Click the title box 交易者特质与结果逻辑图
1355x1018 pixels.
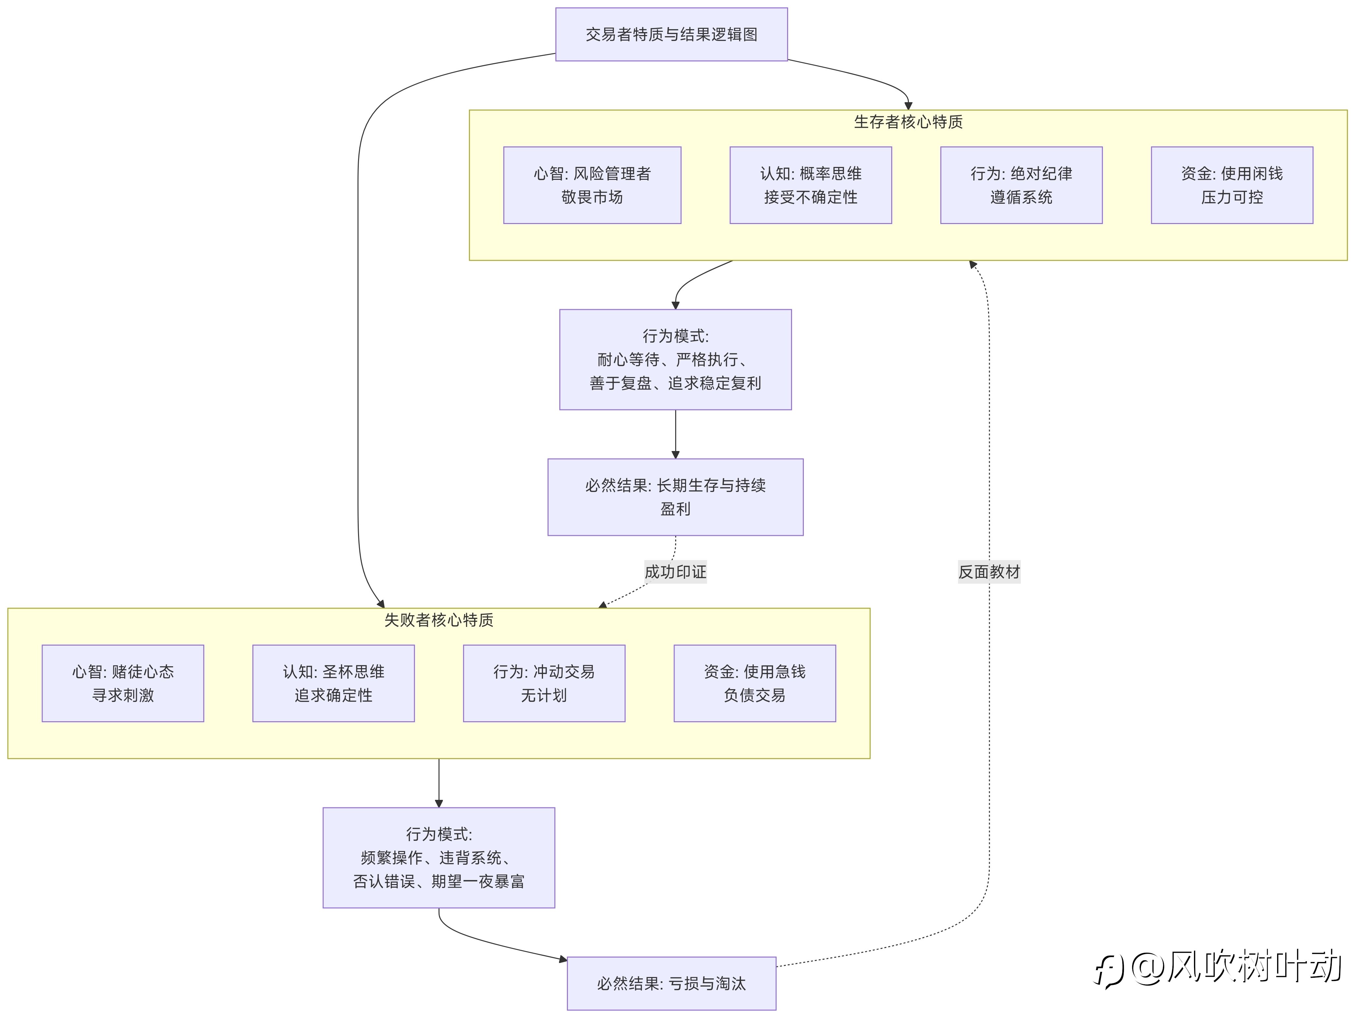(671, 34)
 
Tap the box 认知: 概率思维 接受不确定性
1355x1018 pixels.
(810, 185)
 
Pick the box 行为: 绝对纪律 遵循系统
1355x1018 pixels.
(1021, 185)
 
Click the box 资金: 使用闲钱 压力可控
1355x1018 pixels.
(1232, 185)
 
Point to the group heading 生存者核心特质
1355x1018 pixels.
(909, 122)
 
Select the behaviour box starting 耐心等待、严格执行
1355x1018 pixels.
(676, 360)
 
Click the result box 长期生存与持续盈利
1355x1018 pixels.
(676, 497)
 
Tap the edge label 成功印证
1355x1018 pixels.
(676, 572)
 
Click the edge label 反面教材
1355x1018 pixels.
(989, 572)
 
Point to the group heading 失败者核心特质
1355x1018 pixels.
(439, 620)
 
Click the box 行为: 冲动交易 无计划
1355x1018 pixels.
(544, 683)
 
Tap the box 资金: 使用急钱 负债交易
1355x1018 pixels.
(755, 683)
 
